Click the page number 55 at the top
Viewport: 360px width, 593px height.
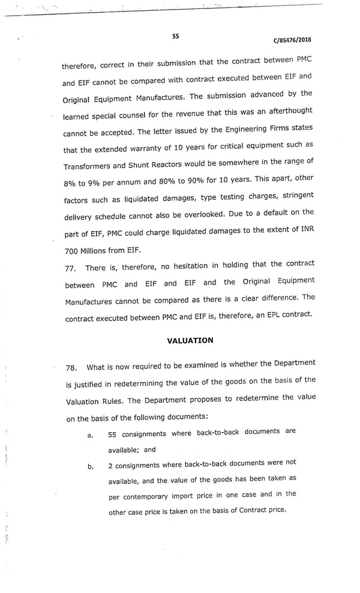175,36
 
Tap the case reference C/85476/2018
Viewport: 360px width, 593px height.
292,40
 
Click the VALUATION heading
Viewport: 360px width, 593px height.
190,340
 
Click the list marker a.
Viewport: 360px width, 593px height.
90,435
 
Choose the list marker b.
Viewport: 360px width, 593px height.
91,467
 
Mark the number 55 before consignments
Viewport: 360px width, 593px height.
112,434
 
